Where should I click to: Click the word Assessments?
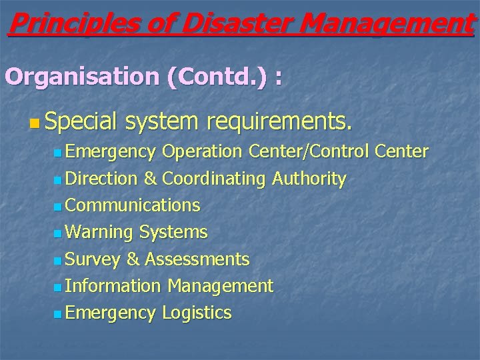point(197,259)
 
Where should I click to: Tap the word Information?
point(114,286)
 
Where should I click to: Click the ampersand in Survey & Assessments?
point(133,259)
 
